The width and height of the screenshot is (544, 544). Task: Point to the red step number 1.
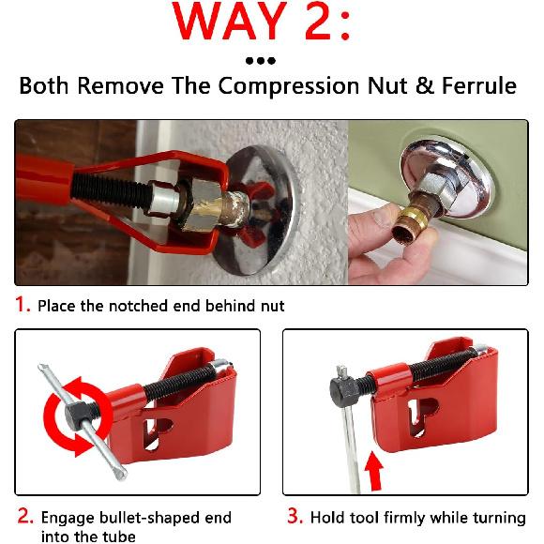click(x=21, y=305)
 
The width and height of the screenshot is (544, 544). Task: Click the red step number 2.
click(x=23, y=518)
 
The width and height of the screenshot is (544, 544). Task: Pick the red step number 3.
click(x=292, y=518)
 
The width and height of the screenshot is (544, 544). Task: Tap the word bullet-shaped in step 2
click(x=146, y=518)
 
